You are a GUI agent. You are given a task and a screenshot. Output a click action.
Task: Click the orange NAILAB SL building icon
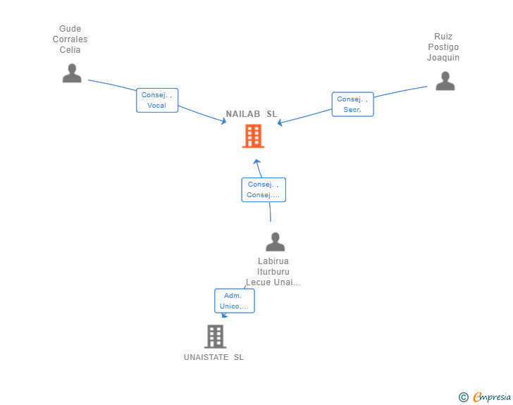pos(253,136)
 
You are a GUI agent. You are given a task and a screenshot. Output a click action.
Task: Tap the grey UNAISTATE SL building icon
pos(216,336)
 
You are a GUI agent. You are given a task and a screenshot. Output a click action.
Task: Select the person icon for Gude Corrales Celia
pos(72,73)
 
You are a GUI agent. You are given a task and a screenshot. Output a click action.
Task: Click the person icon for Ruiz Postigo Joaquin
pos(445,81)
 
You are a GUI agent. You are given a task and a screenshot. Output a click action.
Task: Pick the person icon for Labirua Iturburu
pos(275,242)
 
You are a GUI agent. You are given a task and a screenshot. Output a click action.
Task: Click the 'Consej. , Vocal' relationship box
pos(157,100)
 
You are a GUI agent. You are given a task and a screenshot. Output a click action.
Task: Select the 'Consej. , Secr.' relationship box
pos(352,104)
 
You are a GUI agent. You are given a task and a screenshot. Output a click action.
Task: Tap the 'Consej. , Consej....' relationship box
pos(264,189)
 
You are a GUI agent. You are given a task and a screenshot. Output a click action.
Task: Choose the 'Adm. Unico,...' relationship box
pos(234,301)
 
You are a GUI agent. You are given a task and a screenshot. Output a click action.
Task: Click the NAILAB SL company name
pos(252,114)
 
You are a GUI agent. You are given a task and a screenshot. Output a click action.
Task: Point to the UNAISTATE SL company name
pos(214,357)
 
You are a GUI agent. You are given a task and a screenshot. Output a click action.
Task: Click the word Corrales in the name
pos(70,39)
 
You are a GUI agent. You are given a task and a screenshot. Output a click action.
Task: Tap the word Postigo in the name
pos(443,47)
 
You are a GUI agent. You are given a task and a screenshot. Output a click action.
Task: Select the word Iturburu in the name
pos(273,272)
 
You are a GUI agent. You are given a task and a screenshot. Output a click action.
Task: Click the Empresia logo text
pos(492,397)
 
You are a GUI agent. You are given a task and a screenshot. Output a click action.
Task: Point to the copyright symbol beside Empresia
pos(463,397)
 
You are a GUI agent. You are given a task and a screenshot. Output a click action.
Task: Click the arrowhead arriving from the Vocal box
pos(224,121)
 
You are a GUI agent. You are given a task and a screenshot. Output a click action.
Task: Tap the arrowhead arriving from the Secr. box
pos(280,123)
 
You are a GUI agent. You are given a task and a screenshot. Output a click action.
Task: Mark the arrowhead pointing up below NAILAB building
pos(257,161)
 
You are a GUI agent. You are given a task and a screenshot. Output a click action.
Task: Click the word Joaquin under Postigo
pos(443,58)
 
